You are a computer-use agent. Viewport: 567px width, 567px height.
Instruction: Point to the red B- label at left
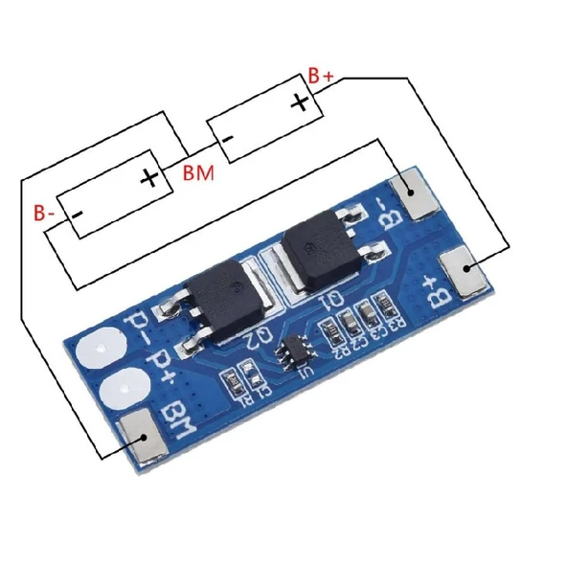click(45, 211)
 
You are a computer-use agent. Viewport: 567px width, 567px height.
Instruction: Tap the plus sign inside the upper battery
click(301, 102)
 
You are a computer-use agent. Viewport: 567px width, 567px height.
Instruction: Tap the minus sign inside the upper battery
click(228, 140)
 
